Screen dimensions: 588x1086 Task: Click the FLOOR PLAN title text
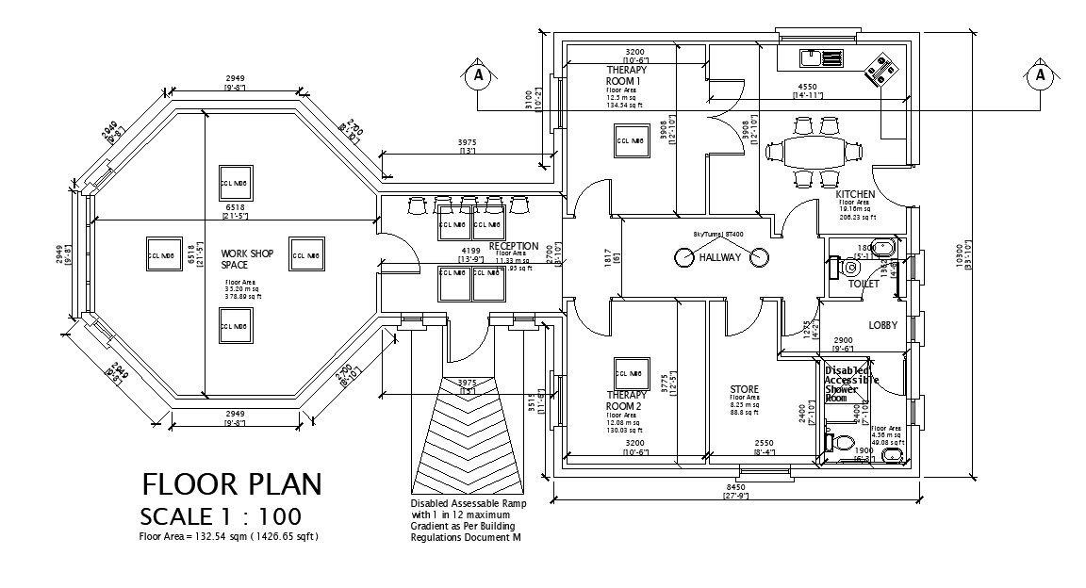[x=232, y=484]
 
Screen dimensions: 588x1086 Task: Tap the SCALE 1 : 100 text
[x=221, y=516]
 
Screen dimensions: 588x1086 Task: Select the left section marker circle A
[x=478, y=73]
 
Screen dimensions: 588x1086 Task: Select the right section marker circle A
[x=1041, y=73]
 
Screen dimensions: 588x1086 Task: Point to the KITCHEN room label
[x=855, y=194]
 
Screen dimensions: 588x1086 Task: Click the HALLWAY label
[x=721, y=257]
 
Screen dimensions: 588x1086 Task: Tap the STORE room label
[x=744, y=389]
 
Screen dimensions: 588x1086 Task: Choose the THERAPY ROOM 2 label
[x=626, y=400]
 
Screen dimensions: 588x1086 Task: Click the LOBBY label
[x=882, y=325]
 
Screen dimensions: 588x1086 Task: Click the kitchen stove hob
[x=882, y=69]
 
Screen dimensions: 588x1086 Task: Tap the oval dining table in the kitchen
[x=814, y=151]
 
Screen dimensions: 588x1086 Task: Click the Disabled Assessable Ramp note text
[x=468, y=520]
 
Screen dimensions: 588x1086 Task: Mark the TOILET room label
[x=864, y=283]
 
